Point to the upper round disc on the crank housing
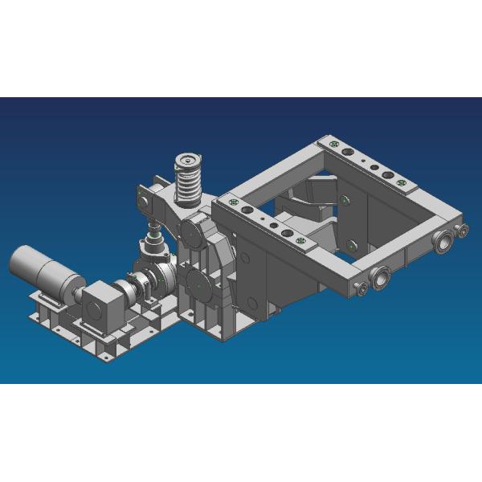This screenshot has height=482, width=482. point(194,233)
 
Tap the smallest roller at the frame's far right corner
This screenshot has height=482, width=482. point(464,231)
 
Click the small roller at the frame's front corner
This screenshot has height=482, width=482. point(362,287)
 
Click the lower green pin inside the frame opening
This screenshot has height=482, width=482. point(351,243)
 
